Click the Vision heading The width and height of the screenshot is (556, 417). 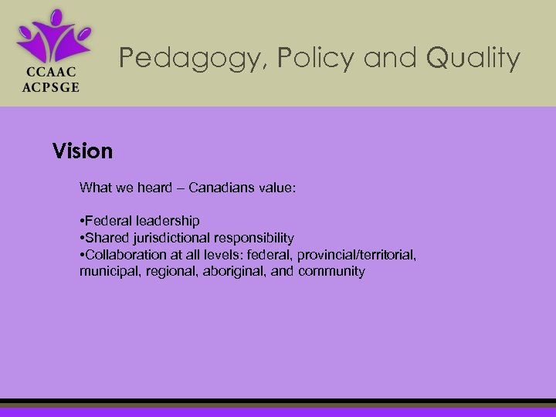click(x=83, y=151)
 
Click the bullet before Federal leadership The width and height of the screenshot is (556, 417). click(x=82, y=221)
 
